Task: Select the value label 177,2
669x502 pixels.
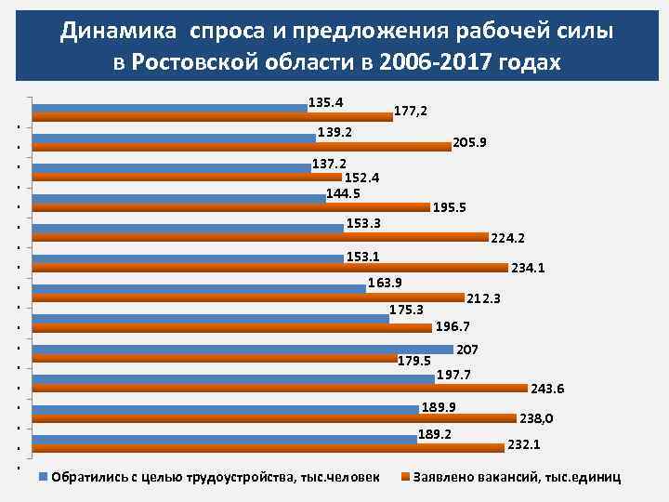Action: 411,111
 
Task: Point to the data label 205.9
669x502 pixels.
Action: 471,142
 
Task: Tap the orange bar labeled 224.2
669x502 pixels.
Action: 260,237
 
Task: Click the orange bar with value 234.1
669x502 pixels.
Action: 269,268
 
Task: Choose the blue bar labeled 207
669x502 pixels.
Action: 243,349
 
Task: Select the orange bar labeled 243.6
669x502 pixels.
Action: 280,388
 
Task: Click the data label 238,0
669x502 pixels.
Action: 536,418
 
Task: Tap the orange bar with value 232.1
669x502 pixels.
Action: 269,447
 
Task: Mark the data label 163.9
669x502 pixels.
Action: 385,282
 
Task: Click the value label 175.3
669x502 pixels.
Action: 406,310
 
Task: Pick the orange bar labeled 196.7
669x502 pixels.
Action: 232,327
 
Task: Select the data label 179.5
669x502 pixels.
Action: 413,361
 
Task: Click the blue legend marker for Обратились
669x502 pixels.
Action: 42,477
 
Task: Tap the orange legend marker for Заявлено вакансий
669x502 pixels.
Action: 404,477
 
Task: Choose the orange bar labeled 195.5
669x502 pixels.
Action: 231,207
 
